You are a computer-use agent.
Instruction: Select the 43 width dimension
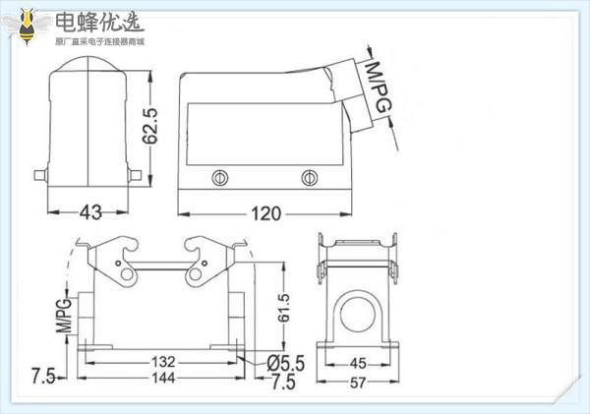(90, 212)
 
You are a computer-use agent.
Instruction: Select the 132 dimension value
(163, 362)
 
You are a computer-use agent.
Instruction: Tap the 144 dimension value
(163, 378)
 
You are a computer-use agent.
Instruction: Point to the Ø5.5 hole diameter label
(286, 363)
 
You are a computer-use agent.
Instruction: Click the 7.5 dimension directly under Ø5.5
(283, 380)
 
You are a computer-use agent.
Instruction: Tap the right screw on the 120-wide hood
(309, 178)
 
